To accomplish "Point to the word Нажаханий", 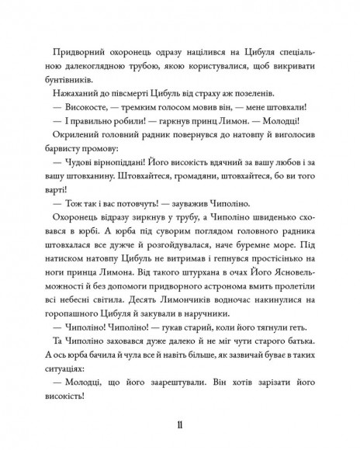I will pyautogui.click(x=74, y=95).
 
